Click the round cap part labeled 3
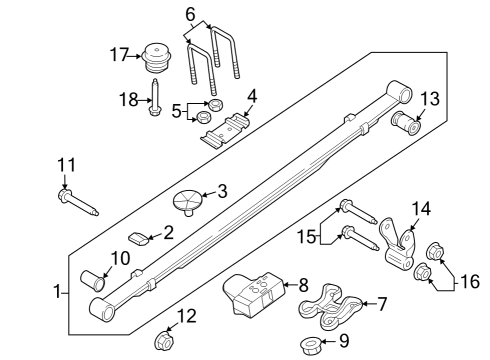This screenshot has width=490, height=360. coord(189,200)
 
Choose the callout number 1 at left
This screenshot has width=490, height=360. coord(56,292)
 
